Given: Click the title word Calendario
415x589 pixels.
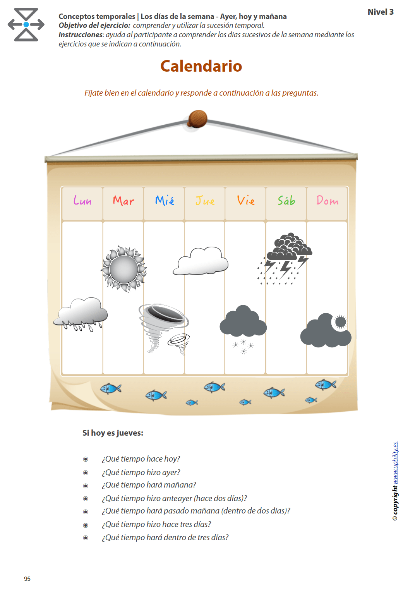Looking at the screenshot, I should [201, 66].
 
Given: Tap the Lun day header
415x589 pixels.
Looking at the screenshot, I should [82, 201].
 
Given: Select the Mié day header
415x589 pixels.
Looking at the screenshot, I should [165, 201].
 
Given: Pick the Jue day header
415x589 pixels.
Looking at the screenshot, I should [205, 201].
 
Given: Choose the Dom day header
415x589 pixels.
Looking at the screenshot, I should [327, 201].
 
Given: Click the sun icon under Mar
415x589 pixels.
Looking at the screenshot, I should [124, 269].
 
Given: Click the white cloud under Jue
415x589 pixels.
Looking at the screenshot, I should [201, 262].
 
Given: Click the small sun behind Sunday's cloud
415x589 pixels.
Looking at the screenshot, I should [340, 322].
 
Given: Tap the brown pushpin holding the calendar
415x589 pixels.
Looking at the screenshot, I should [197, 119].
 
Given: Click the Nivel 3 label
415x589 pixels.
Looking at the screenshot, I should [381, 12].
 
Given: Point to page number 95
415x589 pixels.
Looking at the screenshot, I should [27, 579].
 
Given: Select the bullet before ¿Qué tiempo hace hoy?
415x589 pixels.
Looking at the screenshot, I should [86, 459].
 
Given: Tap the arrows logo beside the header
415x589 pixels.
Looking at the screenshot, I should [26, 25].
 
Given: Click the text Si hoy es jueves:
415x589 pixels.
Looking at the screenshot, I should [113, 433].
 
